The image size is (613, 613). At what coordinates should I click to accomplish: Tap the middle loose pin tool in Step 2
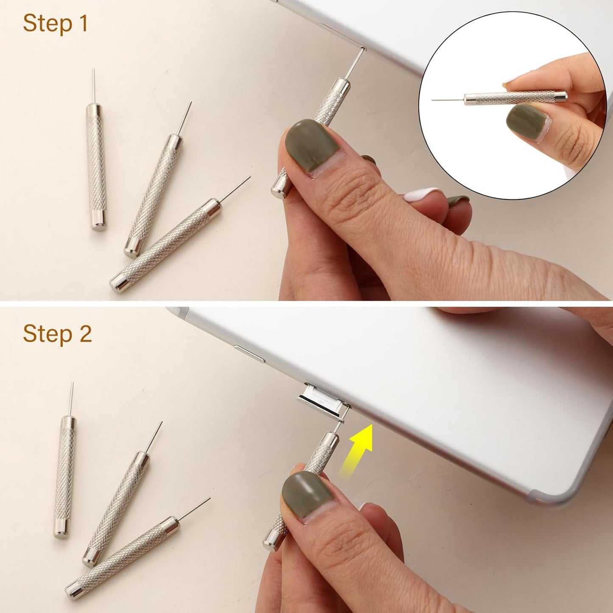coord(119,505)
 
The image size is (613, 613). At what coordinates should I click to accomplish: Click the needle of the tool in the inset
coord(448,100)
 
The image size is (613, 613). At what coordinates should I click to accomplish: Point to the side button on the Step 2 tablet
coord(249,354)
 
